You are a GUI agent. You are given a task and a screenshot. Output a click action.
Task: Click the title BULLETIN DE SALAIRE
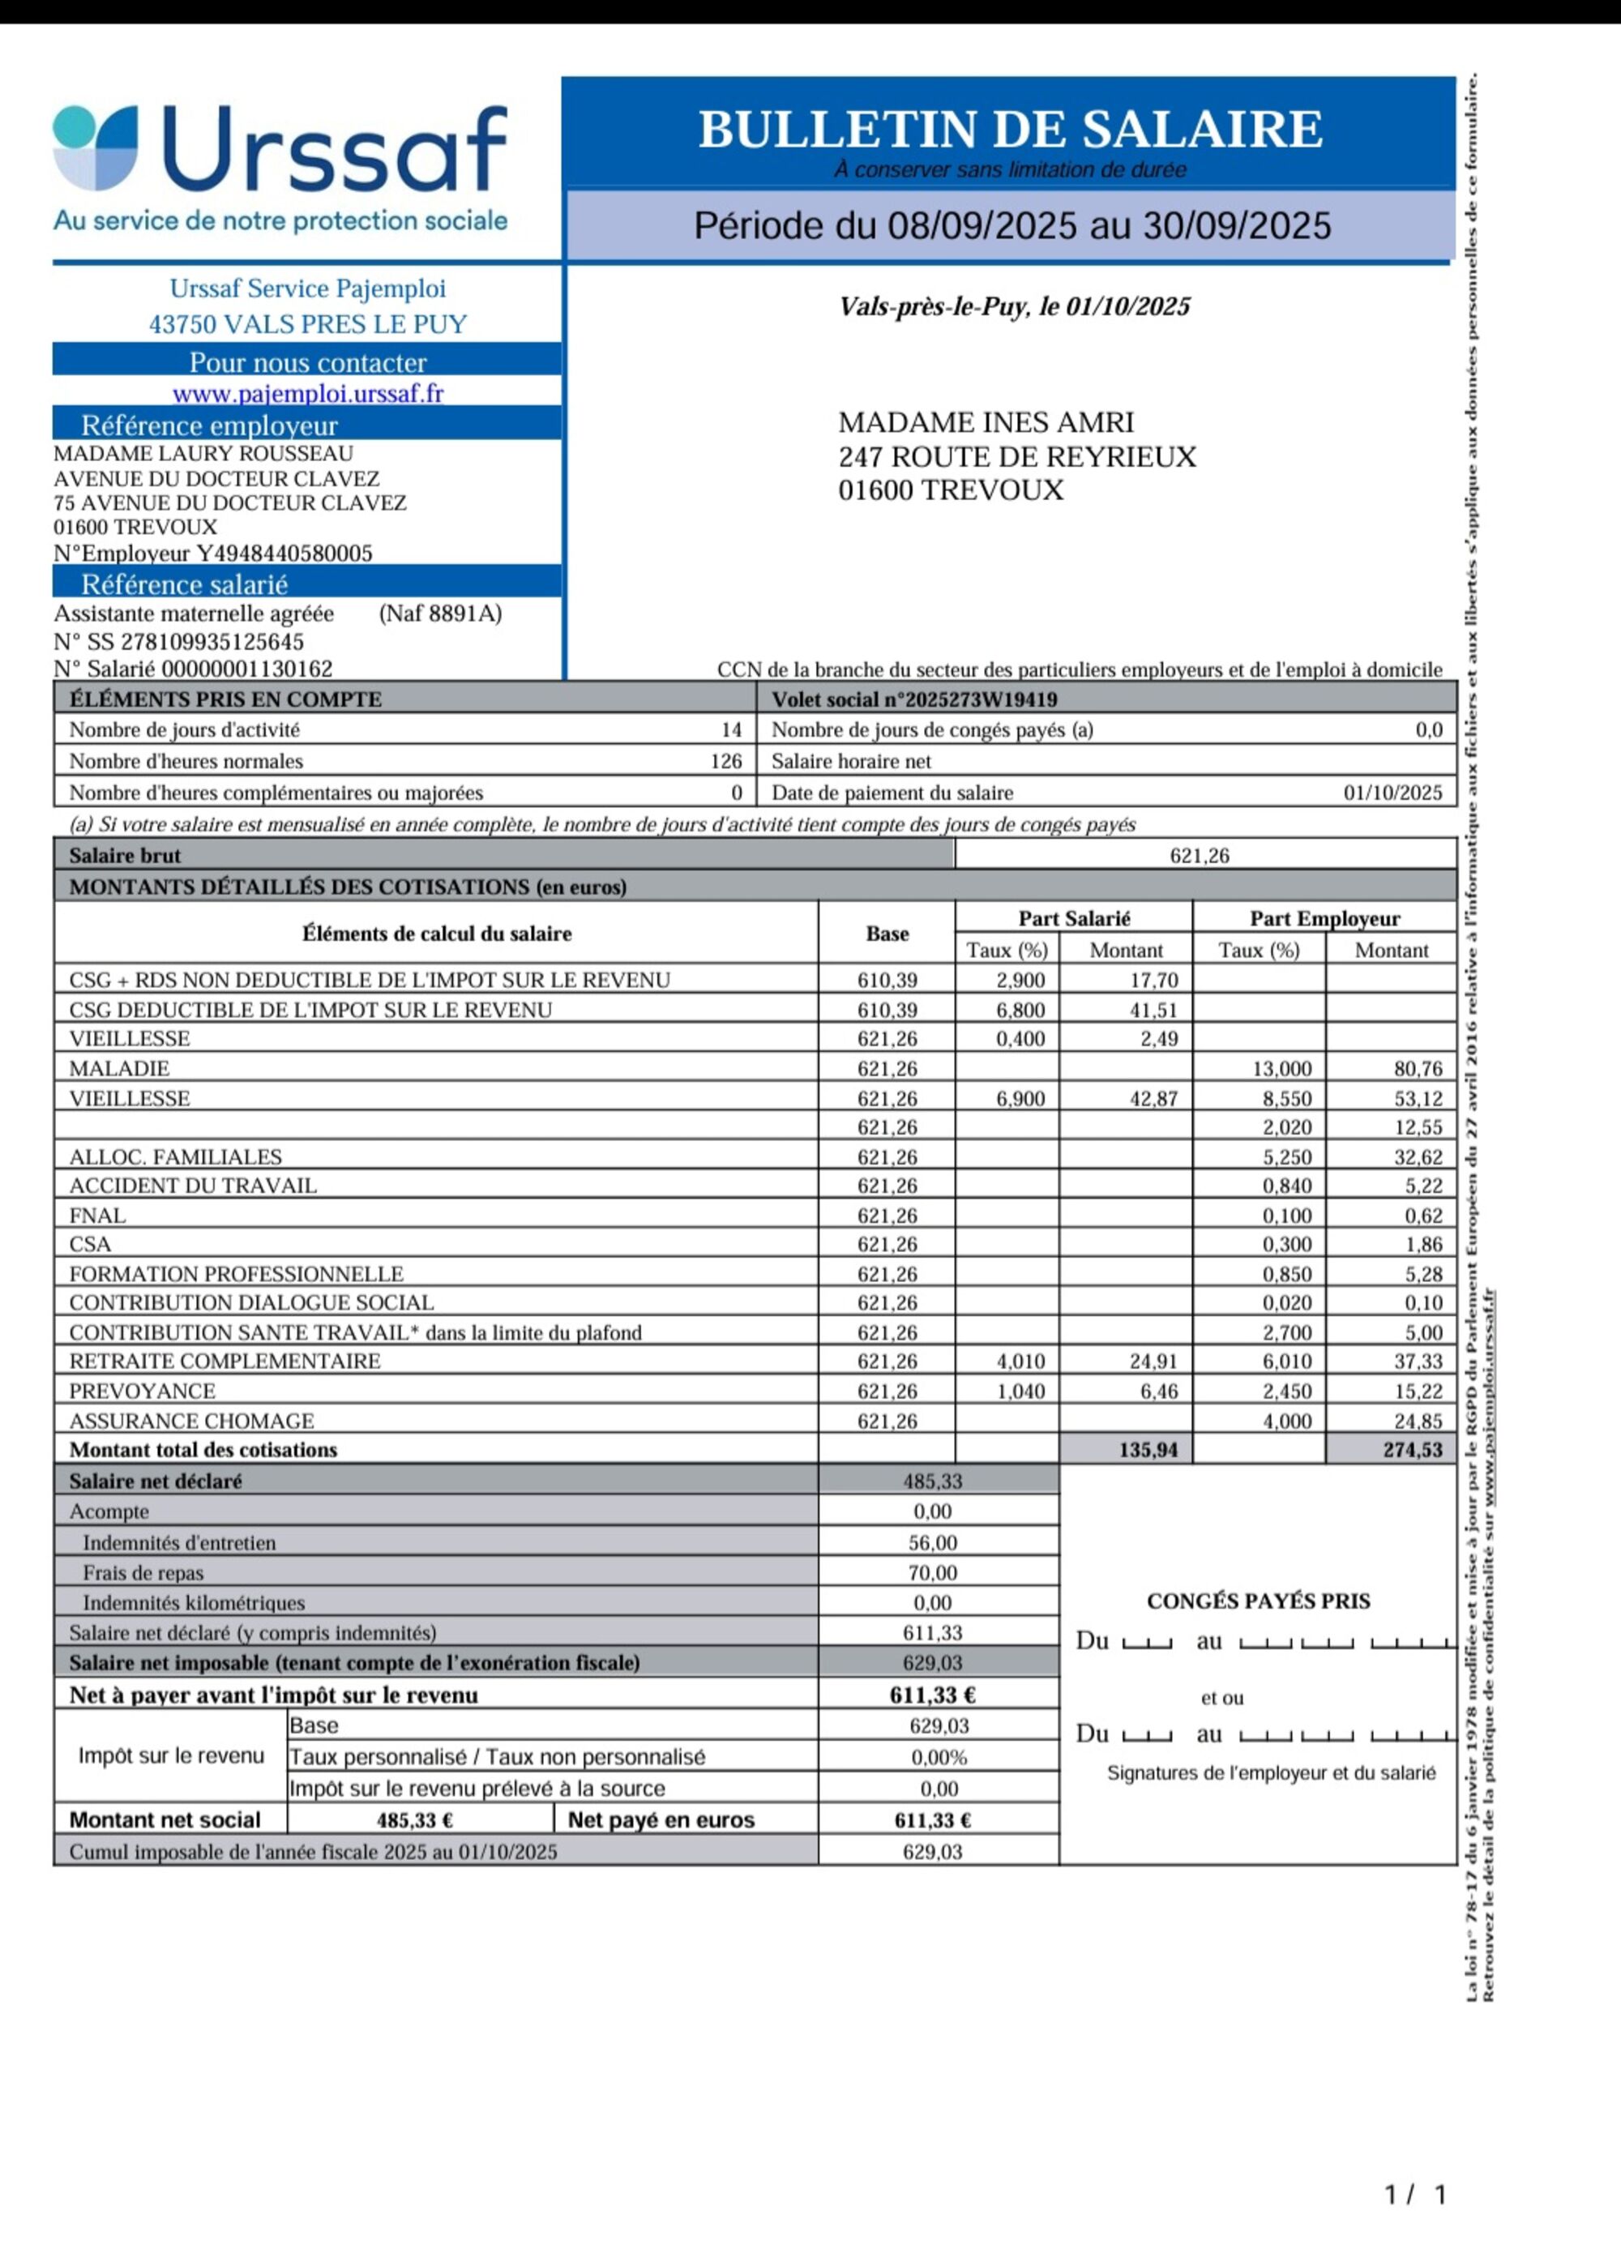[1009, 130]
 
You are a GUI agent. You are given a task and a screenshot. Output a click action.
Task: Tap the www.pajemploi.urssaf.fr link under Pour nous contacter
[307, 393]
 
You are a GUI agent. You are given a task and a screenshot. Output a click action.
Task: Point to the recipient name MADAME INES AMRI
[986, 422]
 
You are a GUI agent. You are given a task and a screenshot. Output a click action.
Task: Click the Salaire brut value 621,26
[1199, 855]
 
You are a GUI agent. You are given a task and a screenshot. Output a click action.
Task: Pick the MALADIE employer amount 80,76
[1418, 1069]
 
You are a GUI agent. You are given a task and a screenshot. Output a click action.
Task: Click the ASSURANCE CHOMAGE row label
[191, 1421]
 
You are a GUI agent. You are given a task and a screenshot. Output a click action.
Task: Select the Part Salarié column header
[1073, 918]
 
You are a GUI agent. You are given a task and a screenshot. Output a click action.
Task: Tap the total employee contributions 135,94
[1148, 1450]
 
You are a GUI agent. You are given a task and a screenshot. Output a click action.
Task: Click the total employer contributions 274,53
[1413, 1450]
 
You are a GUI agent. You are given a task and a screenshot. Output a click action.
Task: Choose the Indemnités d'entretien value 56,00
[932, 1542]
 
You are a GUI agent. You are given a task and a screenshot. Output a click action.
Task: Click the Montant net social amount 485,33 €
[414, 1820]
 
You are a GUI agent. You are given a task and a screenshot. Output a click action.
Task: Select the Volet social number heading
[914, 699]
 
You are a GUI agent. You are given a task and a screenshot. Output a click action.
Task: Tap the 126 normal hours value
[725, 761]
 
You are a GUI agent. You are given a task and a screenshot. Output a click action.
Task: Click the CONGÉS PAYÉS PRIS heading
[1258, 1601]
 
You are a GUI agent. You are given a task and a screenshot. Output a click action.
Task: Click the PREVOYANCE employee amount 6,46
[1158, 1391]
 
